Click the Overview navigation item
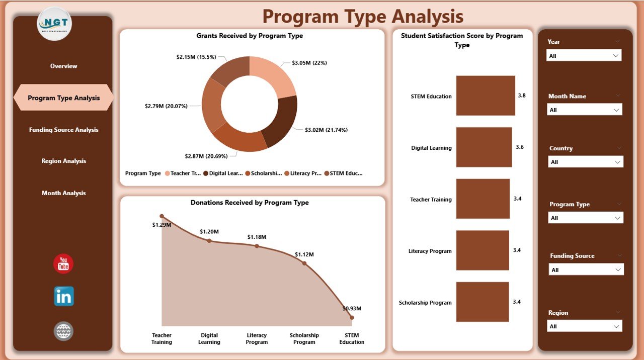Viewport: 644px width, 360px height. (63, 66)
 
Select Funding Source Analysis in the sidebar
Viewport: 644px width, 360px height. (63, 130)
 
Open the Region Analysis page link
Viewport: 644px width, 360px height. (63, 161)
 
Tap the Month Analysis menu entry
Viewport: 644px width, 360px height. (63, 193)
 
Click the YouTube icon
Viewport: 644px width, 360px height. (63, 264)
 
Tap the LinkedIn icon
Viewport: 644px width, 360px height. (63, 297)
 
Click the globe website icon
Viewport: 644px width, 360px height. (63, 331)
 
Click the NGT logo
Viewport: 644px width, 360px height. (54, 24)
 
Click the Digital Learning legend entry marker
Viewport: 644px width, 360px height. (206, 173)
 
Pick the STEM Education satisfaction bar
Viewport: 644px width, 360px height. (486, 96)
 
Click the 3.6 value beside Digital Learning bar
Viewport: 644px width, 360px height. (520, 147)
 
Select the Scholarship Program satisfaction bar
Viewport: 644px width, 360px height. (482, 302)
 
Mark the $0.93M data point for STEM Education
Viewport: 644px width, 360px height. (352, 317)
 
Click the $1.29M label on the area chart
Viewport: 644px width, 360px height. (162, 225)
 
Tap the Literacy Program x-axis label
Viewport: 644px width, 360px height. (257, 338)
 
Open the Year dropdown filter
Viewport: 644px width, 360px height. (584, 56)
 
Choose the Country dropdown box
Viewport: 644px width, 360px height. (586, 162)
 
